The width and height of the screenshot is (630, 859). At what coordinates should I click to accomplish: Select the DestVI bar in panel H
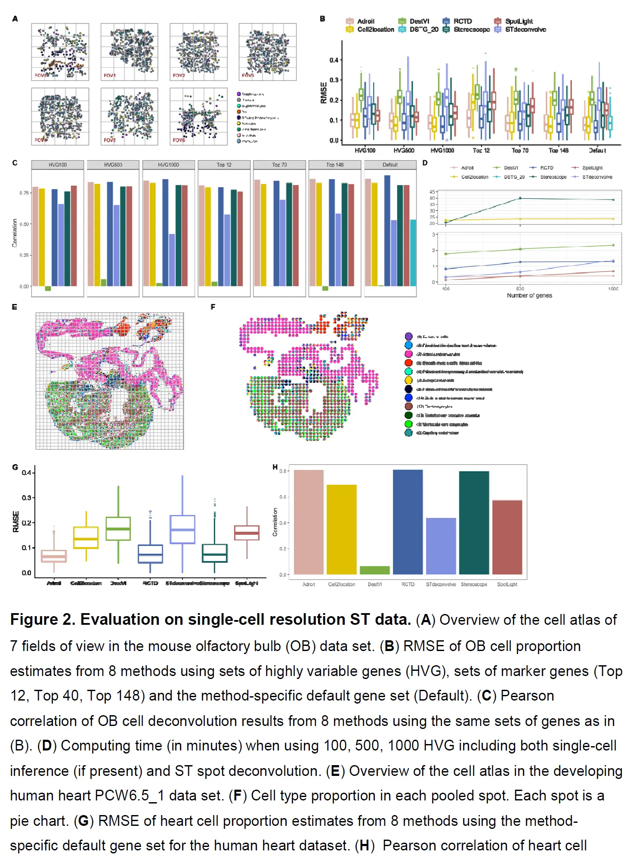pyautogui.click(x=374, y=570)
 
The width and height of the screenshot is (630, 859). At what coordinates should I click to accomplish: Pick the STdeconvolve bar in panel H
pyautogui.click(x=441, y=546)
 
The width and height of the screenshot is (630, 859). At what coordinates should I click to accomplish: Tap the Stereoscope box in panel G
pyautogui.click(x=214, y=553)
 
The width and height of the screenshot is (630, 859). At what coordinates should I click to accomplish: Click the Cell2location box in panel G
pyautogui.click(x=86, y=537)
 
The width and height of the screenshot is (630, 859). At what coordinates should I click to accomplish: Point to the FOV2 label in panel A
pyautogui.click(x=179, y=75)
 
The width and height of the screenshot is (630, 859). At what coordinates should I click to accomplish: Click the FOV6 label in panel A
pyautogui.click(x=179, y=140)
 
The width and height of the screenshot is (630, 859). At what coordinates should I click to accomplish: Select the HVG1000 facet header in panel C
pyautogui.click(x=168, y=165)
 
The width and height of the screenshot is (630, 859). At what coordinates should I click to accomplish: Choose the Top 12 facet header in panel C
pyautogui.click(x=224, y=165)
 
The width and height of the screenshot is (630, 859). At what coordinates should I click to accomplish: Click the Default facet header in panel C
pyautogui.click(x=390, y=165)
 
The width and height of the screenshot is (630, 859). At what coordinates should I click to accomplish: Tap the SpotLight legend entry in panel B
pyautogui.click(x=519, y=21)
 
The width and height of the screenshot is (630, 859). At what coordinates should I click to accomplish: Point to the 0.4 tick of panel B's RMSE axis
pyautogui.click(x=334, y=60)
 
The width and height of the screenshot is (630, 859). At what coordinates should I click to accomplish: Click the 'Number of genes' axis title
pyautogui.click(x=529, y=295)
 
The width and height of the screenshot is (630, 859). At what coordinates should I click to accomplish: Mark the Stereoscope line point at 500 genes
pyautogui.click(x=520, y=198)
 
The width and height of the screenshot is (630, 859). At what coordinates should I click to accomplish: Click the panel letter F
pyautogui.click(x=213, y=307)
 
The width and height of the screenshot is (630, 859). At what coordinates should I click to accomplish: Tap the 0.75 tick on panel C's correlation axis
pyautogui.click(x=24, y=193)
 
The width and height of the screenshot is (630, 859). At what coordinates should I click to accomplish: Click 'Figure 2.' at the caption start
pyautogui.click(x=43, y=620)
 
